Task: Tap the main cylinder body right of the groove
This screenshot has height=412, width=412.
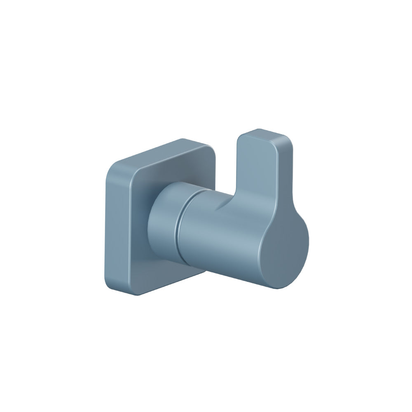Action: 218,239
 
